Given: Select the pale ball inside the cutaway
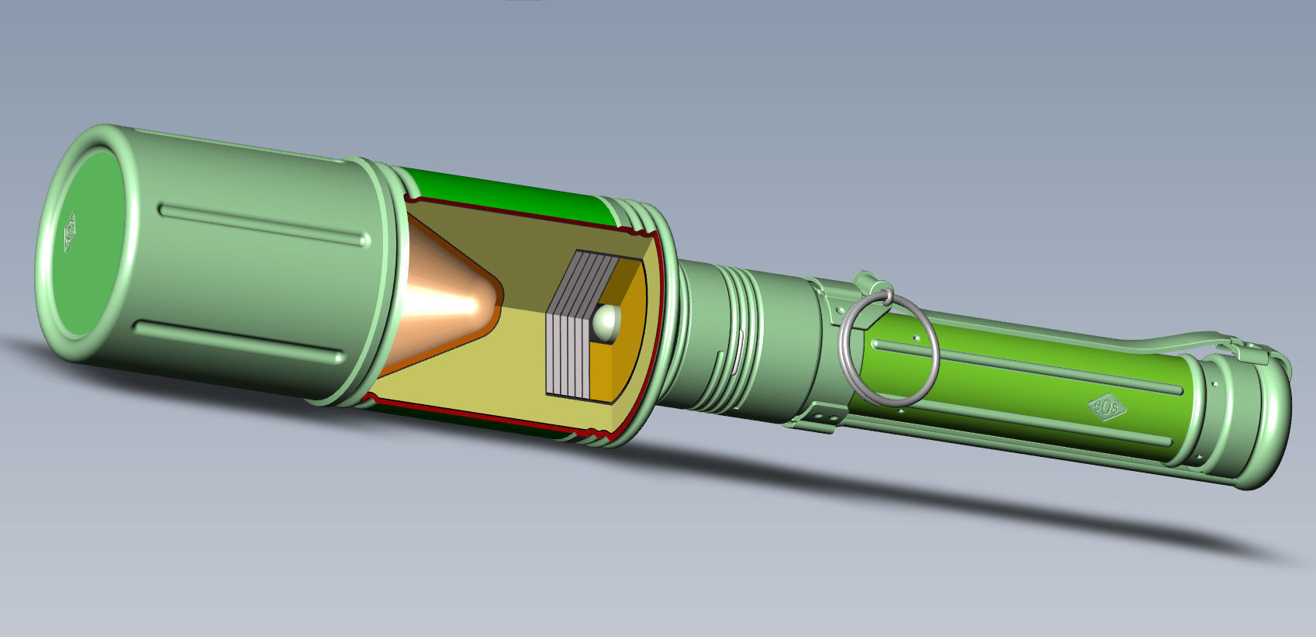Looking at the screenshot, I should point(606,320).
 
